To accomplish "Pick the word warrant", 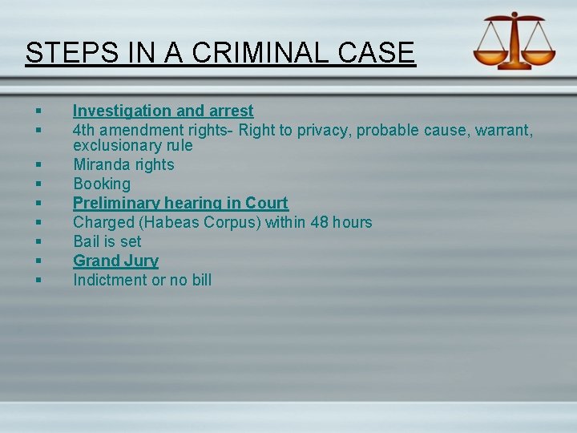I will [504, 129].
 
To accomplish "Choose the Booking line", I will [102, 184].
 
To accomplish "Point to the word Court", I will [266, 203].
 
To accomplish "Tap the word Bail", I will [87, 241].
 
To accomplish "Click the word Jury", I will [141, 261].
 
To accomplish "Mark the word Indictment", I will [111, 280].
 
